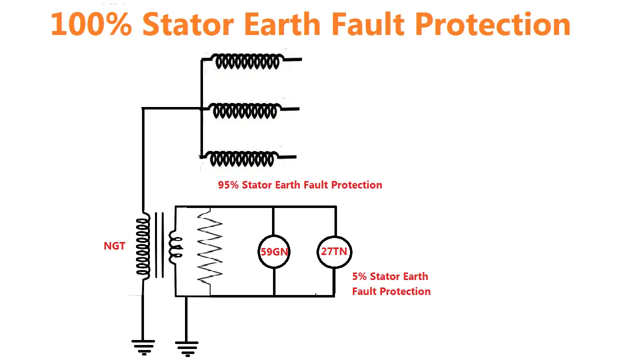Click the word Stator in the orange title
[188, 23]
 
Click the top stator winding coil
[247, 61]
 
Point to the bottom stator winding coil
[242, 159]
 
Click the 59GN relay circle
[274, 251]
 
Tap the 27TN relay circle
[334, 251]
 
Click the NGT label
[114, 246]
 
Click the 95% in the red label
[228, 185]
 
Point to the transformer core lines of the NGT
[159, 245]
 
